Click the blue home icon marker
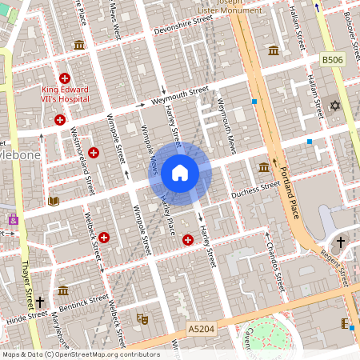click(x=180, y=172)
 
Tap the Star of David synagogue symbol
click(x=334, y=106)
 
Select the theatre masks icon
click(x=143, y=318)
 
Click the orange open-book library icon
click(x=54, y=201)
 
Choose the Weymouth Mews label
click(x=227, y=126)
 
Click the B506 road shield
click(x=332, y=59)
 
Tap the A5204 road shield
click(x=202, y=329)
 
